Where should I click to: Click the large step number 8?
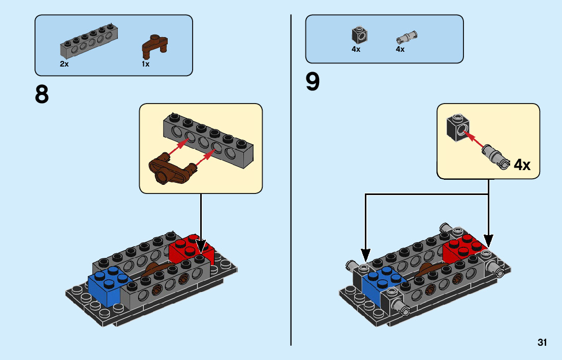[x=42, y=94]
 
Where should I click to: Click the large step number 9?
[x=313, y=82]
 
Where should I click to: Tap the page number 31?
[x=542, y=343]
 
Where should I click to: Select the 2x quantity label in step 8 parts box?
[x=64, y=64]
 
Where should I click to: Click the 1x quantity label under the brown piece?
[x=146, y=64]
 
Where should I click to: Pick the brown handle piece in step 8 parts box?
[x=153, y=45]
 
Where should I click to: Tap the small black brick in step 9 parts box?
[x=359, y=35]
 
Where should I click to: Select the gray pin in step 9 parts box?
[x=406, y=37]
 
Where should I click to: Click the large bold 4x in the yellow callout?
[x=522, y=165]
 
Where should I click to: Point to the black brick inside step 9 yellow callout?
[x=456, y=127]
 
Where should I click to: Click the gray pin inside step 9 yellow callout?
[x=494, y=155]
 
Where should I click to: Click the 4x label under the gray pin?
[x=400, y=49]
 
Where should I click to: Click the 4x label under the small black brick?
[x=356, y=49]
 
